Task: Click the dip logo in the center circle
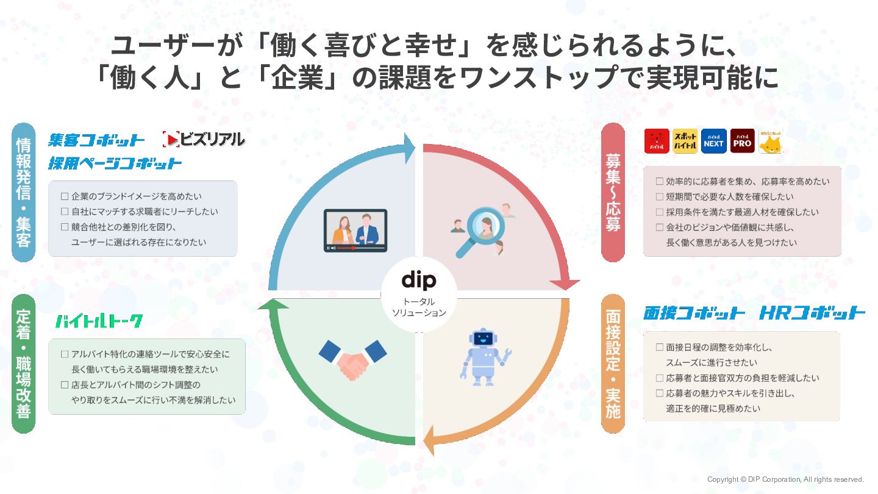pos(419,281)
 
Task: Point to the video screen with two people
pos(355,231)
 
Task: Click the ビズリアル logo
pos(204,140)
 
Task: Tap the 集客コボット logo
pos(97,140)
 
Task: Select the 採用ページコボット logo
pos(115,163)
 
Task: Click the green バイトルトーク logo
pos(99,321)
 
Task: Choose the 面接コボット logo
pos(694,313)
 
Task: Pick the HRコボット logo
pos(812,313)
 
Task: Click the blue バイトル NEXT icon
pos(713,141)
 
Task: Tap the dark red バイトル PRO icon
pos(742,141)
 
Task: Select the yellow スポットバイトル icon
pos(685,141)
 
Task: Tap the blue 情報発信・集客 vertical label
pos(24,192)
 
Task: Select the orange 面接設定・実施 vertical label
pos(613,363)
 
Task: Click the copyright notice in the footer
pos(785,479)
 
